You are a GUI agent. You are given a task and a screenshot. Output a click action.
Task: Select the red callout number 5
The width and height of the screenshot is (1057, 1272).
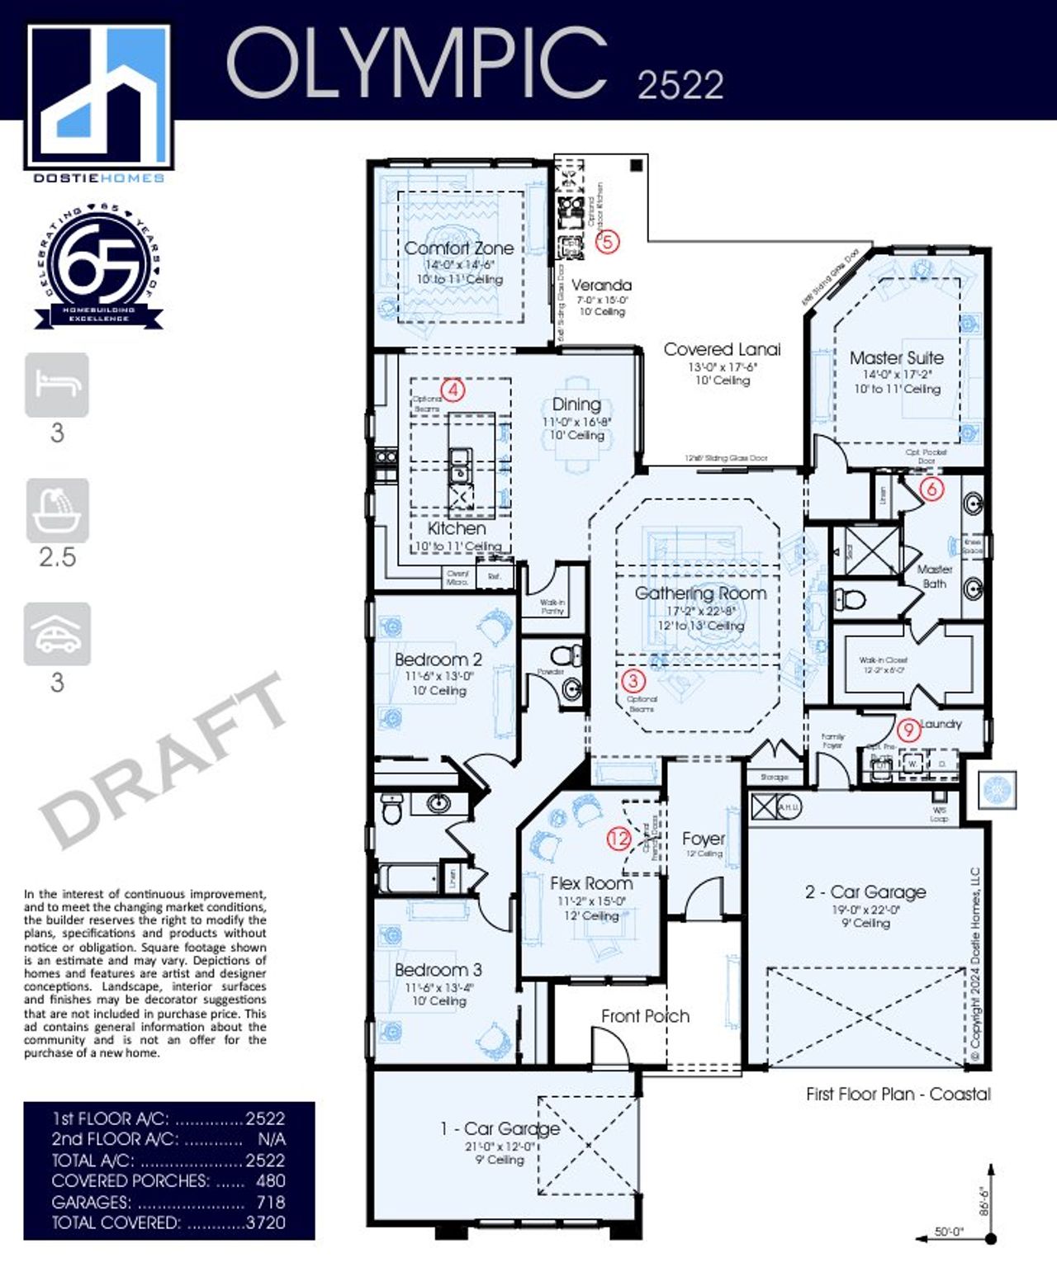pos(607,241)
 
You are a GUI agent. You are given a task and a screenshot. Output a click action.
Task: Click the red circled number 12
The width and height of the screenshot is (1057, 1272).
pos(619,839)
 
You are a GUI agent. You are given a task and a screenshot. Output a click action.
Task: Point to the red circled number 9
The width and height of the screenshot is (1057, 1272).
pos(908,730)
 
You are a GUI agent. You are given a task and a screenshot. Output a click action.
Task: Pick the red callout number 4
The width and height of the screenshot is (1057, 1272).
pos(453,390)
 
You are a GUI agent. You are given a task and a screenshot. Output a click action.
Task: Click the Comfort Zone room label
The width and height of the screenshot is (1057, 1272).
pos(458,248)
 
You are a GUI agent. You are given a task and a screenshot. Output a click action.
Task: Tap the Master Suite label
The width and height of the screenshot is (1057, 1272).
pos(896,357)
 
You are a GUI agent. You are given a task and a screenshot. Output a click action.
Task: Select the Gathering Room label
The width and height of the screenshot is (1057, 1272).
pos(700,593)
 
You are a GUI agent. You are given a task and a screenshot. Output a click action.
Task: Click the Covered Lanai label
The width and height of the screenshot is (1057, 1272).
pos(722,349)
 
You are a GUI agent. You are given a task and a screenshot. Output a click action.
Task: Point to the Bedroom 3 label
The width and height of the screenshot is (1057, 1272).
pos(438,970)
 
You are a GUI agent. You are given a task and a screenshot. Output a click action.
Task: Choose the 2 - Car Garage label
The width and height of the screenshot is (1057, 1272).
pos(865,891)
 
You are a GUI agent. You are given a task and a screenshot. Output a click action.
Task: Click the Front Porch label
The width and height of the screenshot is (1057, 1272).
pos(645,1016)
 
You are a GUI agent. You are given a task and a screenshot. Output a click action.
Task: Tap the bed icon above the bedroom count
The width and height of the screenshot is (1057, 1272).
pos(57,385)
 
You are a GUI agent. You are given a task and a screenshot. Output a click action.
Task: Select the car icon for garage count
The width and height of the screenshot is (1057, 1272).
pos(57,634)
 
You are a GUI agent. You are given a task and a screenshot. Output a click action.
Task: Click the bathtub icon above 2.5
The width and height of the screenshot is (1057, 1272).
pos(57,510)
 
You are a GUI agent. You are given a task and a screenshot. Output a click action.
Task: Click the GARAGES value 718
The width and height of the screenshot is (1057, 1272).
pos(270,1202)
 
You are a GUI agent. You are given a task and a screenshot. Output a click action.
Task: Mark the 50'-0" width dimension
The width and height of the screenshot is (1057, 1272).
pos(949,1232)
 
